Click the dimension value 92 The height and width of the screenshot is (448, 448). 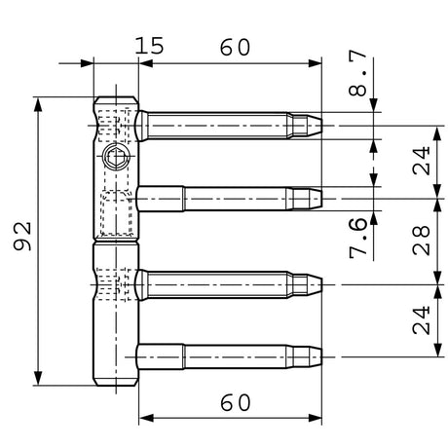pyautogui.click(x=22, y=237)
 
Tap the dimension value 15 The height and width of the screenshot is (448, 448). pyautogui.click(x=149, y=46)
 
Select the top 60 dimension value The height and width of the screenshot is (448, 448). pyautogui.click(x=236, y=48)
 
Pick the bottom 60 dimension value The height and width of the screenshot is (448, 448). pyautogui.click(x=236, y=402)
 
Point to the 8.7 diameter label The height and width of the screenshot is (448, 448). pyautogui.click(x=357, y=73)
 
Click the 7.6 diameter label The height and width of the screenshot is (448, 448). pyautogui.click(x=358, y=238)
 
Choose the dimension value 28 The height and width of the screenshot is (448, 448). pyautogui.click(x=422, y=241)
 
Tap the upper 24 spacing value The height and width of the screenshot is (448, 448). pyautogui.click(x=422, y=161)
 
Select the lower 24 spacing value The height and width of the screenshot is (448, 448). pyautogui.click(x=422, y=320)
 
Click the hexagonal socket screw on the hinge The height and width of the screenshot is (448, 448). pyautogui.click(x=116, y=157)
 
